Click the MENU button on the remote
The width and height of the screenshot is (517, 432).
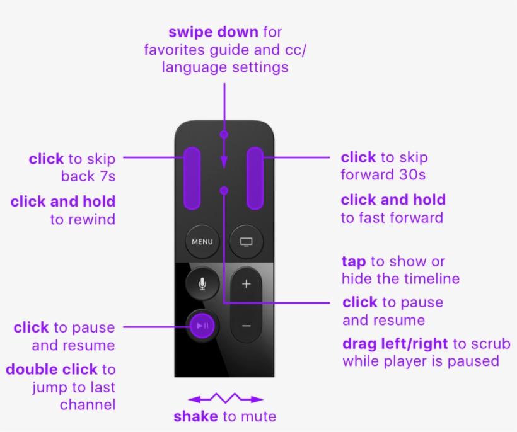(x=202, y=241)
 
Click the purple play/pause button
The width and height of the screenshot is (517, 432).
(x=202, y=326)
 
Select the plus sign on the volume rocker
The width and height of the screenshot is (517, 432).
(x=247, y=284)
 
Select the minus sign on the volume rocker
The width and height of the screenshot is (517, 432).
(x=247, y=326)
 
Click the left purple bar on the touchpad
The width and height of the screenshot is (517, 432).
(x=192, y=178)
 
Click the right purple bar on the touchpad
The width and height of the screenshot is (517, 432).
(x=255, y=178)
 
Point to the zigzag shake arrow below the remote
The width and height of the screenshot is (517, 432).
(x=225, y=399)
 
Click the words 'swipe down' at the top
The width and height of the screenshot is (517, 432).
(x=213, y=32)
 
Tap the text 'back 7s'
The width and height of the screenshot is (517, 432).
(x=88, y=176)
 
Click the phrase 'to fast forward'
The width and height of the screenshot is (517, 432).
(x=392, y=218)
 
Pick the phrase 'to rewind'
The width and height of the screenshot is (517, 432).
(x=83, y=219)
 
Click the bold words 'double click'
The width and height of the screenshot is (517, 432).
(x=52, y=369)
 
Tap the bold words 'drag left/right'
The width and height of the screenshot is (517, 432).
(x=395, y=344)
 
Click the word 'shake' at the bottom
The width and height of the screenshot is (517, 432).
(x=195, y=416)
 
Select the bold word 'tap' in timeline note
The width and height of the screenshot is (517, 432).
(x=353, y=261)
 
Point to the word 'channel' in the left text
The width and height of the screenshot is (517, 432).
(x=88, y=404)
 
